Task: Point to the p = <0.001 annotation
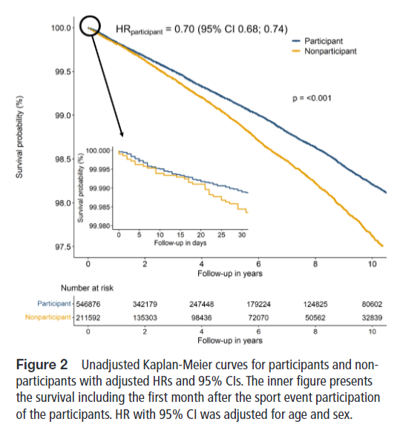point(315,98)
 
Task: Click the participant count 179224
point(258,304)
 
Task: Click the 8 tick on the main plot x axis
point(316,264)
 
